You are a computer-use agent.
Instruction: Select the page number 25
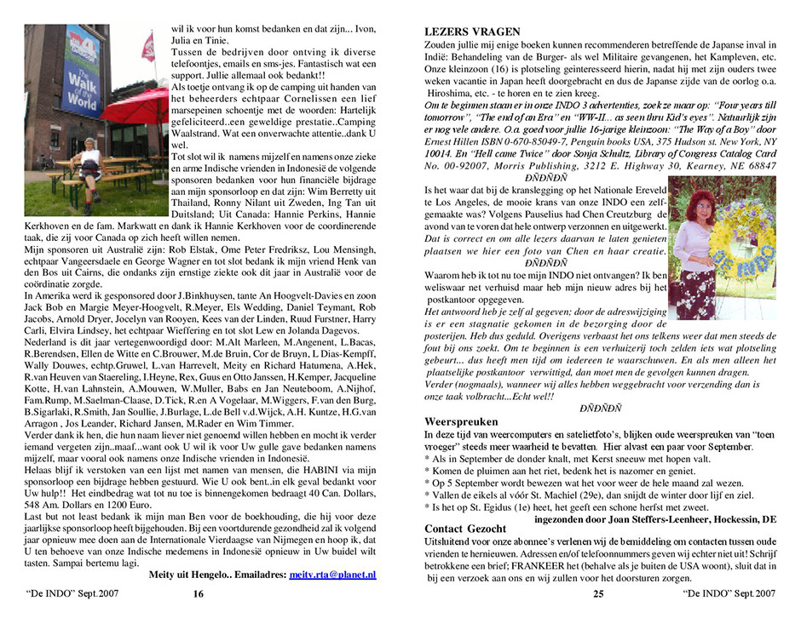(597, 594)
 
